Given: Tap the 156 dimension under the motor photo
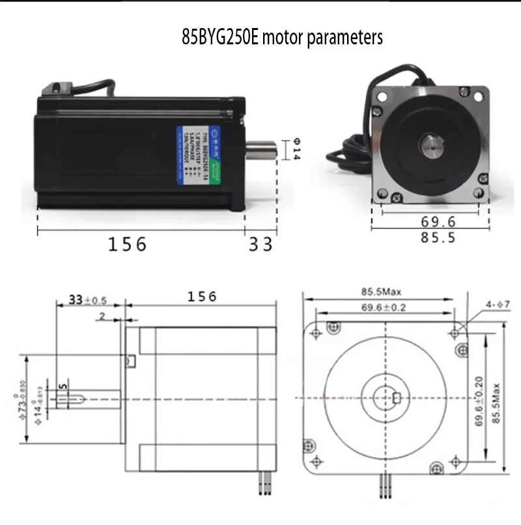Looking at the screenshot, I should click(128, 244).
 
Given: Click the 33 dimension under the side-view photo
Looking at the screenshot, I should click(261, 244).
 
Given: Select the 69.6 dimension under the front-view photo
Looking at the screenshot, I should click(429, 222).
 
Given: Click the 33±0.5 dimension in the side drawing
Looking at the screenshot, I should click(87, 300).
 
